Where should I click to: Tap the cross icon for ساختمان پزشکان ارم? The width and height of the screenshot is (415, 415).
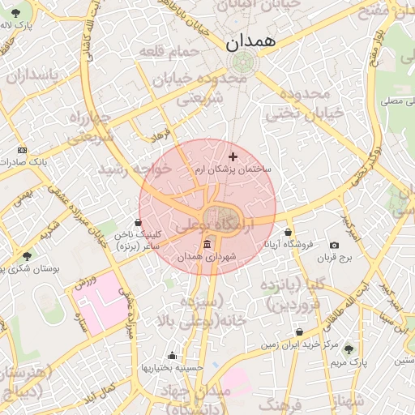tap(233, 156)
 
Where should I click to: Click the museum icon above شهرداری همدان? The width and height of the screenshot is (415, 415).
tap(207, 245)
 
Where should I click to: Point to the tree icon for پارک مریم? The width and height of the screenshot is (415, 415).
tap(349, 349)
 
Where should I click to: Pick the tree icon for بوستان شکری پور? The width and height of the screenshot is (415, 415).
tap(28, 256)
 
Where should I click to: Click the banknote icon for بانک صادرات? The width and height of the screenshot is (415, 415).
tap(22, 150)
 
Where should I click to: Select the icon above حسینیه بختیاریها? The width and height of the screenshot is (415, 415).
tap(171, 355)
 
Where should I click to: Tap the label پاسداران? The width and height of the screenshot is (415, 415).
tap(32, 75)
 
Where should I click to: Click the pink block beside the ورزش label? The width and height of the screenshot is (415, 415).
tap(97, 308)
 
